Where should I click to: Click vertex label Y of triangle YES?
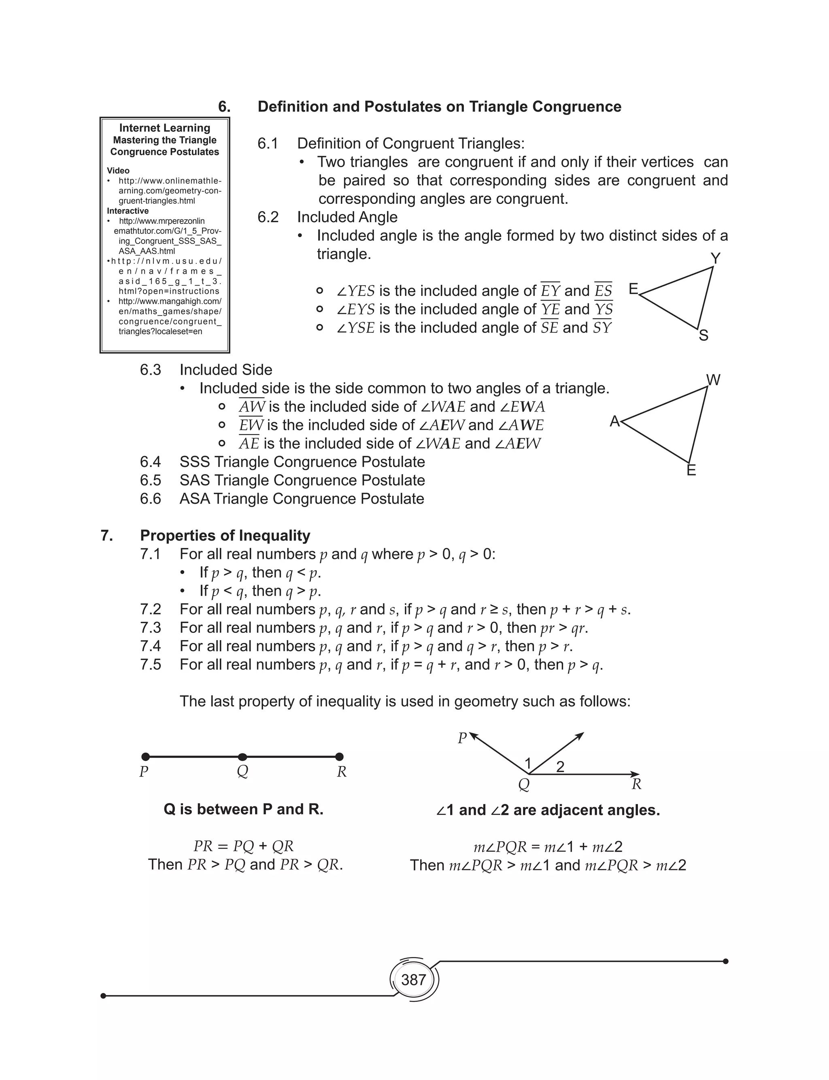tap(715, 258)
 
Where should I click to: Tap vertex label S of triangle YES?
tap(704, 336)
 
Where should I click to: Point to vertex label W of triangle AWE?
tap(714, 380)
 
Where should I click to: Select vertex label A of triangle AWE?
tap(614, 421)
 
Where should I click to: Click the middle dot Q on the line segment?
tap(242, 757)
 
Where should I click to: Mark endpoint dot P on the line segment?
tap(146, 757)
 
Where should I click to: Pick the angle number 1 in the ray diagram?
tap(528, 764)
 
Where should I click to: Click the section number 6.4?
tap(150, 462)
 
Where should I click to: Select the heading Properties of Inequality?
tap(225, 536)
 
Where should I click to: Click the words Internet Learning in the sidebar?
tap(164, 128)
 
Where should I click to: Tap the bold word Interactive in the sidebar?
tap(128, 211)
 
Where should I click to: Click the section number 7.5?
tap(150, 665)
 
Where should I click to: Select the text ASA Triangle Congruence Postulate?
tap(302, 499)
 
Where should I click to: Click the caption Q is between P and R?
tap(243, 809)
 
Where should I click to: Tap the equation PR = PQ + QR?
tap(243, 846)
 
